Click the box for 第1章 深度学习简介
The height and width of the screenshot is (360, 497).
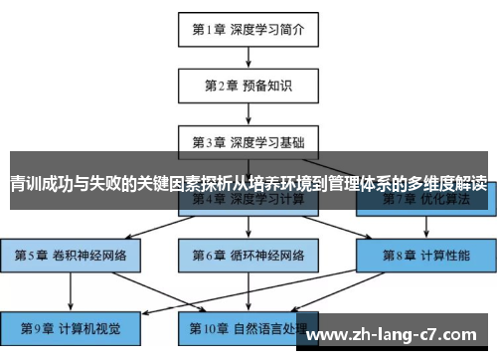pos(248,29)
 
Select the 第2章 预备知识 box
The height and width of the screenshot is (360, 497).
pos(248,85)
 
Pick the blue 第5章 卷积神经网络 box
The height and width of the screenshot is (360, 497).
pos(71,256)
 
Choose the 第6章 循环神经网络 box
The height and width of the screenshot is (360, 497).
pos(248,256)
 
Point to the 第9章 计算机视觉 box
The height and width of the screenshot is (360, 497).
pos(71,324)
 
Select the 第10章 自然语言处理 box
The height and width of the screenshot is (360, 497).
pos(248,324)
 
